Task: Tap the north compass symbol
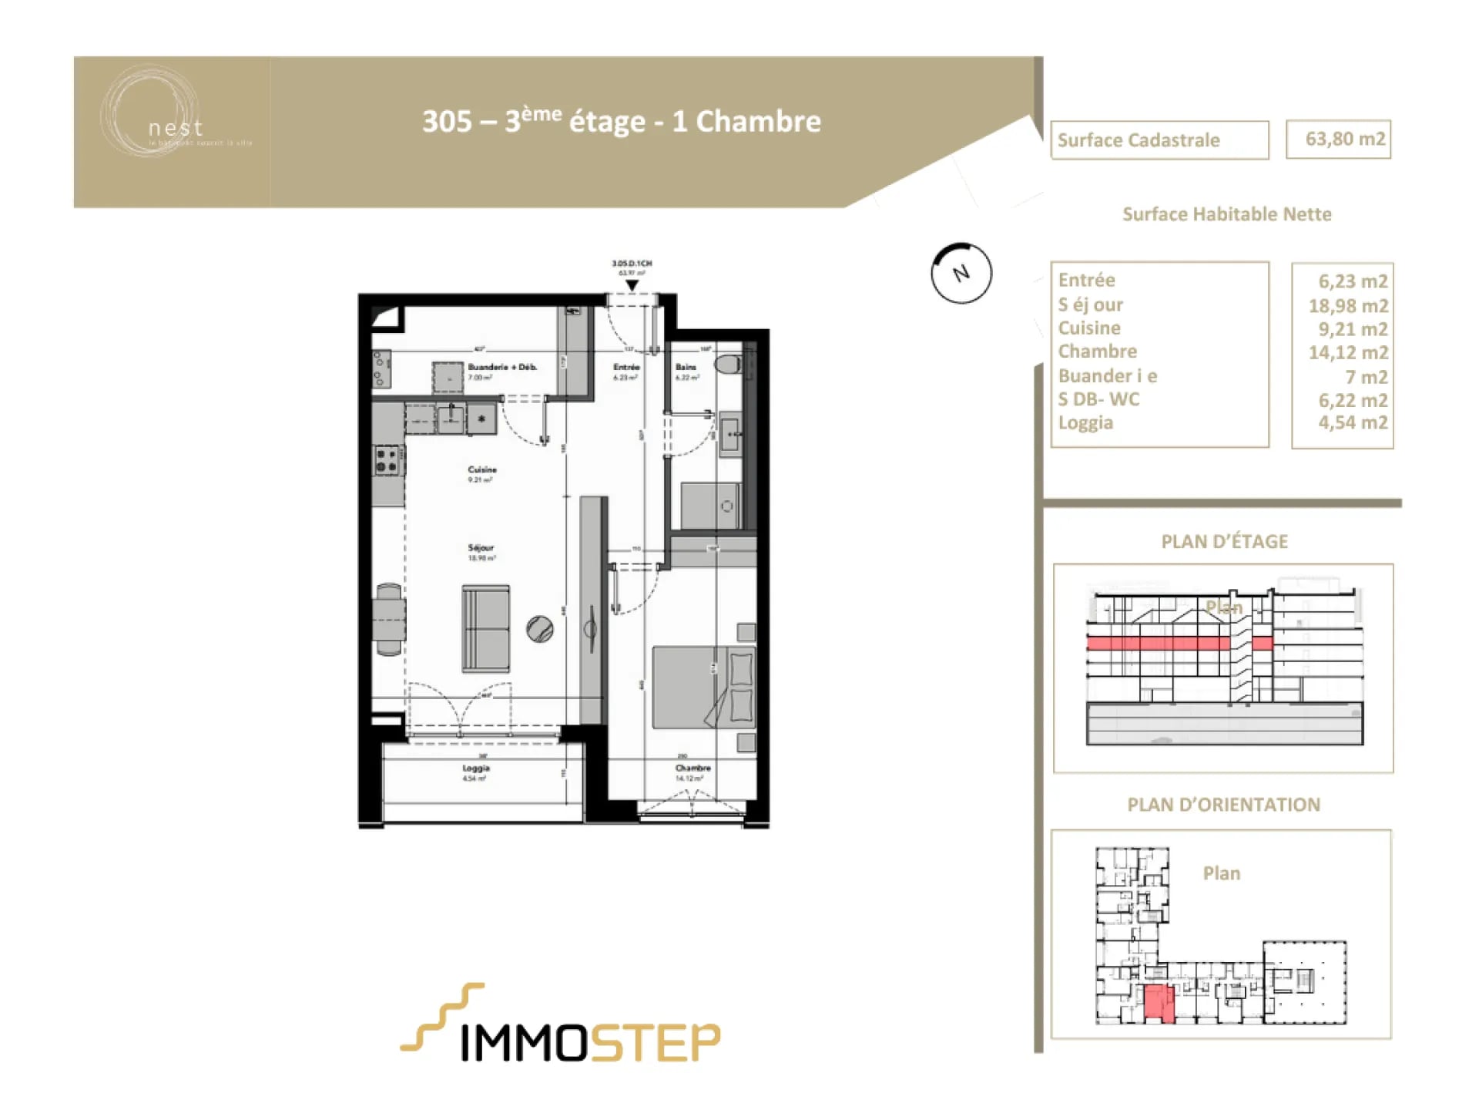[x=961, y=273]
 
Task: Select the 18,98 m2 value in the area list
[x=1347, y=306]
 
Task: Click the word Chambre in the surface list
[x=1097, y=351]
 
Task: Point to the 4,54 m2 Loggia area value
[x=1352, y=422]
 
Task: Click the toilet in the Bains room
[x=728, y=365]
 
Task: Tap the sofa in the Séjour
[x=485, y=628]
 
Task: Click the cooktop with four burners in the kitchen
[x=387, y=461]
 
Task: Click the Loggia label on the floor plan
[x=475, y=769]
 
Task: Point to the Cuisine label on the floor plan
[x=482, y=469]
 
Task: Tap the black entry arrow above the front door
[x=632, y=286]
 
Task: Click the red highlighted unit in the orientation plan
[x=1159, y=1004]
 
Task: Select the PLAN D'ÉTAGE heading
[x=1224, y=542]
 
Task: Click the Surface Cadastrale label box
[x=1159, y=140]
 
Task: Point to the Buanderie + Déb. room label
[x=502, y=368]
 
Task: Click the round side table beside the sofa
[x=540, y=629]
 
